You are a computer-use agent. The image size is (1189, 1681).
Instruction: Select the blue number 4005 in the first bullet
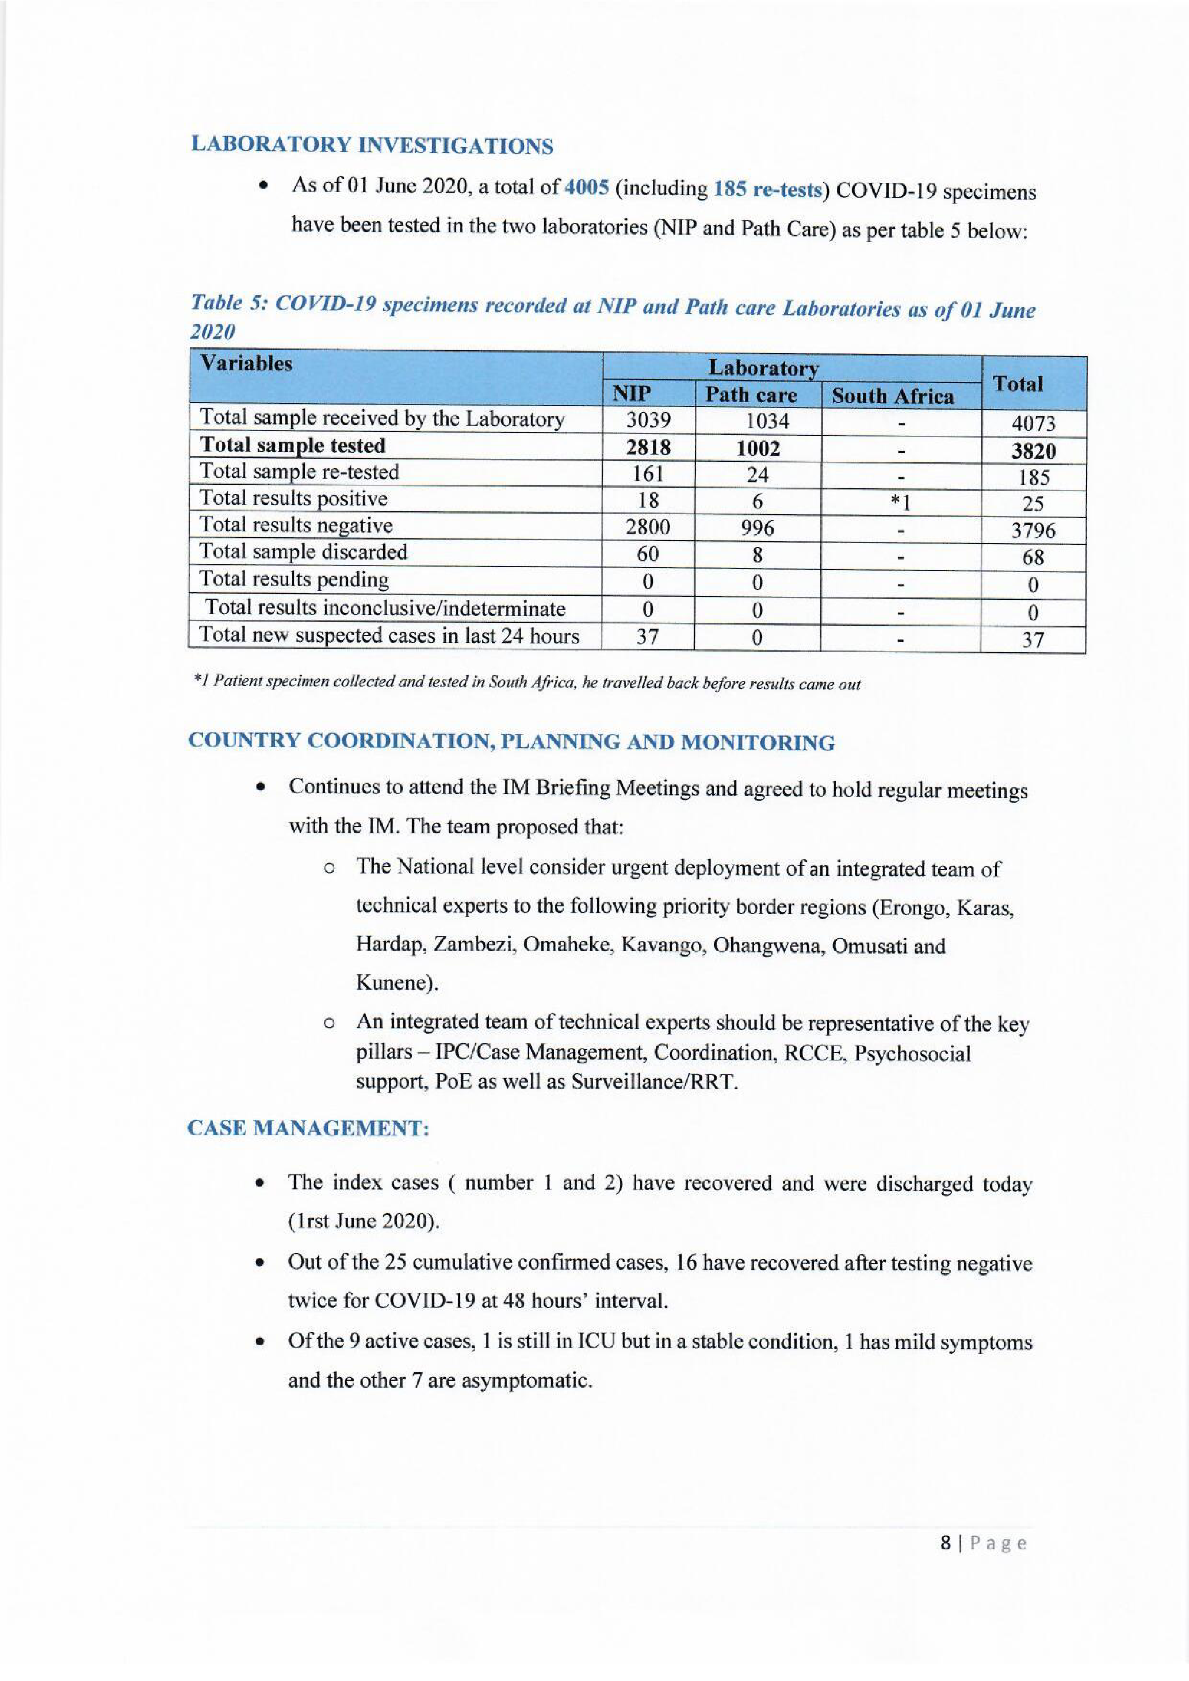(x=586, y=187)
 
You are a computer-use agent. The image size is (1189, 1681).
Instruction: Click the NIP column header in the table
(x=631, y=394)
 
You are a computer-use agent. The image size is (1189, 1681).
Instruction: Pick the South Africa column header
(x=893, y=396)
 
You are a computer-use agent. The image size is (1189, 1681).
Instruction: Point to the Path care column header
(x=751, y=395)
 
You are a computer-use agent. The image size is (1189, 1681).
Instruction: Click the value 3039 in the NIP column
(x=648, y=420)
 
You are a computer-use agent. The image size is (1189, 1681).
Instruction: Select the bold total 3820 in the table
(x=1033, y=450)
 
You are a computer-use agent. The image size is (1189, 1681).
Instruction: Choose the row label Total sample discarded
(x=303, y=552)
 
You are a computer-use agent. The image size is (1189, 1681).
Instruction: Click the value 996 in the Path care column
(x=757, y=528)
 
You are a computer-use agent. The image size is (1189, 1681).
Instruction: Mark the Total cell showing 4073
(x=1033, y=423)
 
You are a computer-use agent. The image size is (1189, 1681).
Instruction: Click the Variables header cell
(x=246, y=364)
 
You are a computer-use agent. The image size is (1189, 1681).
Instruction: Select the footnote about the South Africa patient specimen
(x=526, y=683)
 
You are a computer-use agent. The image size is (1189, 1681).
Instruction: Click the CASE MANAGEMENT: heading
(x=308, y=1128)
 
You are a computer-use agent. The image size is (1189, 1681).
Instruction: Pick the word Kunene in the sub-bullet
(x=395, y=982)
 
